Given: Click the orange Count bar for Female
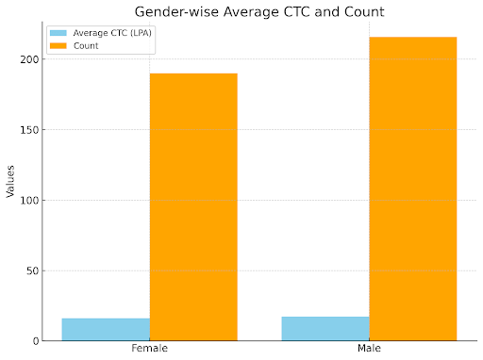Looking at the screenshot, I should tap(193, 207).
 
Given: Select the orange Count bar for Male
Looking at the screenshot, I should tap(413, 188).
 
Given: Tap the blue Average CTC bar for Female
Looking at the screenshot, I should tap(106, 330).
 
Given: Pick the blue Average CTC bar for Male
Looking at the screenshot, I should tap(325, 329).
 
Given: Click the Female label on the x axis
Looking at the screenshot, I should tap(149, 350).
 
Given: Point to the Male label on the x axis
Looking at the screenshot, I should tap(369, 350).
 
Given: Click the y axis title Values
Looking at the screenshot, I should tap(10, 180).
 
